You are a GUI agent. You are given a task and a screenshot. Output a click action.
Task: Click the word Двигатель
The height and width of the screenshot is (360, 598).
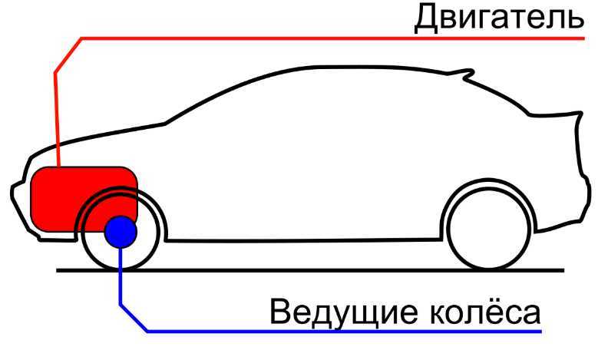click(x=499, y=18)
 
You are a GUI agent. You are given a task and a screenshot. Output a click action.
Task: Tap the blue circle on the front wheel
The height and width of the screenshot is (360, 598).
click(x=121, y=232)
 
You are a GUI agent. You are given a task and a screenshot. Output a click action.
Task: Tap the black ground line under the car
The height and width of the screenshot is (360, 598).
click(x=310, y=270)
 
